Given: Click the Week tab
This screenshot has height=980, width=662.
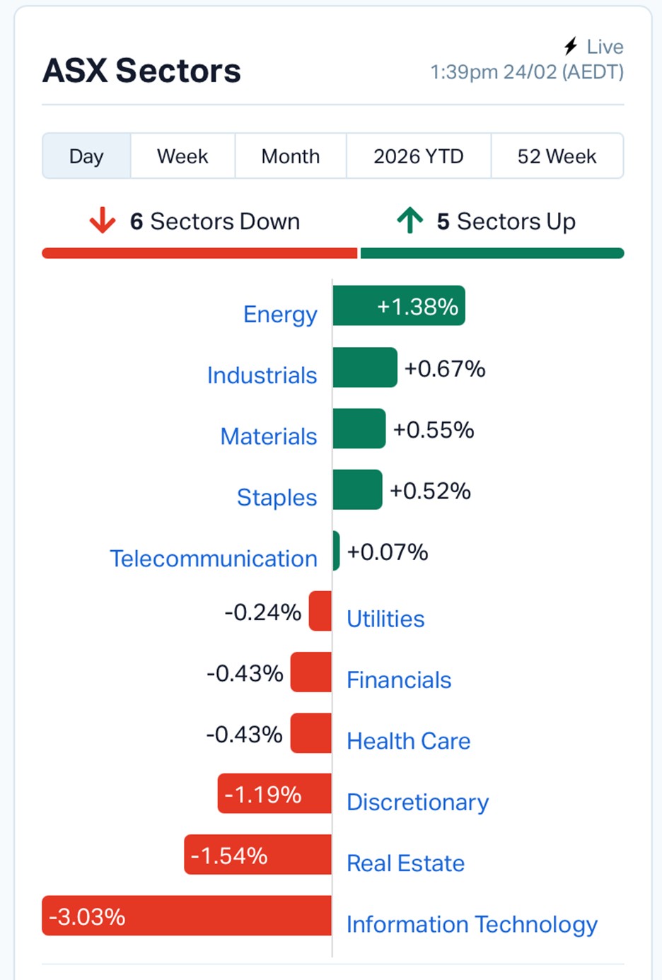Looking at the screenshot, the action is coord(182,156).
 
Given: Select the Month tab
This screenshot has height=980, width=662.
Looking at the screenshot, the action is coord(291,156).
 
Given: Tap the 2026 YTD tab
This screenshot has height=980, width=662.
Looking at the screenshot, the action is coord(419,156).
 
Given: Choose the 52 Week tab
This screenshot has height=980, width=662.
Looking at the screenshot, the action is coord(557,156).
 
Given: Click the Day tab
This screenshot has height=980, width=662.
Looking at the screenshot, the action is coord(86,156).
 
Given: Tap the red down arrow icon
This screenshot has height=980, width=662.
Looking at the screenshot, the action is coord(103,220).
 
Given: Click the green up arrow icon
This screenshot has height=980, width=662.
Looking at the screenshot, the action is coord(410,220).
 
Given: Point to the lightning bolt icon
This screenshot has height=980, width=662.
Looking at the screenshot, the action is coord(571,46).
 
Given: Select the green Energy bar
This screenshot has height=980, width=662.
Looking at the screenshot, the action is coord(399,305).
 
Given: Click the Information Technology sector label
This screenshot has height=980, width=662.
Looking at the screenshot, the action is coord(472,925).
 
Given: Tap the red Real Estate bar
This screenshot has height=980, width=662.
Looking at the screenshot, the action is coord(257,854).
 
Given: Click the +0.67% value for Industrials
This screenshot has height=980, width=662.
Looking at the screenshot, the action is coord(445,368).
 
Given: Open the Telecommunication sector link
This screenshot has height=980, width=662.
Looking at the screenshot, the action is coord(214,559).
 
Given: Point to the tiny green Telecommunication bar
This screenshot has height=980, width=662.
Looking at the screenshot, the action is coord(336,550).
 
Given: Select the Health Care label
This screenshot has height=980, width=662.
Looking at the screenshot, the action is coord(409,741).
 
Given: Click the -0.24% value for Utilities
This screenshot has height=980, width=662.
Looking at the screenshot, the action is coord(263,612).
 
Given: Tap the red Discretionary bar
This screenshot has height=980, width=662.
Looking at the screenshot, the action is coord(274,793).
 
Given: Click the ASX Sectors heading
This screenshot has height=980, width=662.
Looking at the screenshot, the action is coord(141,71).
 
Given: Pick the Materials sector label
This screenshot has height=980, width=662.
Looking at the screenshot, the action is coord(269,437).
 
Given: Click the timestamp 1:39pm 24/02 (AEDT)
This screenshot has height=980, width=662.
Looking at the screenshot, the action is coord(527,72).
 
